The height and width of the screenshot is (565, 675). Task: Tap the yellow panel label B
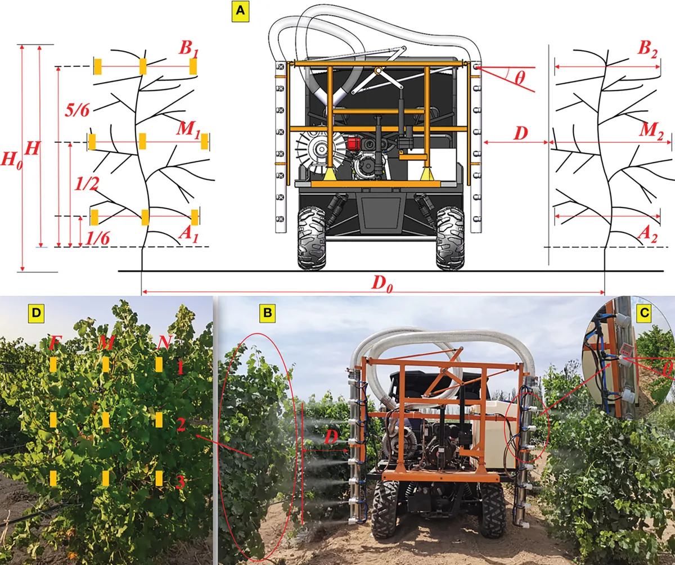(267, 313)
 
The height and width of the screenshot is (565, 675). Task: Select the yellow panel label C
(644, 313)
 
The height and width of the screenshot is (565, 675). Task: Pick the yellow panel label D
(36, 313)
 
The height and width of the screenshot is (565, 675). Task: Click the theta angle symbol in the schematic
(520, 78)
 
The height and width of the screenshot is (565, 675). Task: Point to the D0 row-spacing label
(382, 284)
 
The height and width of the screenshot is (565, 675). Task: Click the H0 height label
(12, 160)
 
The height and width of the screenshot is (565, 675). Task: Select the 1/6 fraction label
(97, 239)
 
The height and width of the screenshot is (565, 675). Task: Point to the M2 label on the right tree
(650, 132)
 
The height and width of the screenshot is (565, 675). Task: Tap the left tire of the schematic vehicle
(312, 238)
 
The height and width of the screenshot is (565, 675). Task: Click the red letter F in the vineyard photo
(55, 342)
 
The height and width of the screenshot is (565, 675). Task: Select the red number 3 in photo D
(180, 482)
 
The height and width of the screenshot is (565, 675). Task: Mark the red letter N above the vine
(164, 342)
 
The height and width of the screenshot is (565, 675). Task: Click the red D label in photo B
(331, 438)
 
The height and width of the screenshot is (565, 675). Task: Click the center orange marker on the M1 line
(142, 142)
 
